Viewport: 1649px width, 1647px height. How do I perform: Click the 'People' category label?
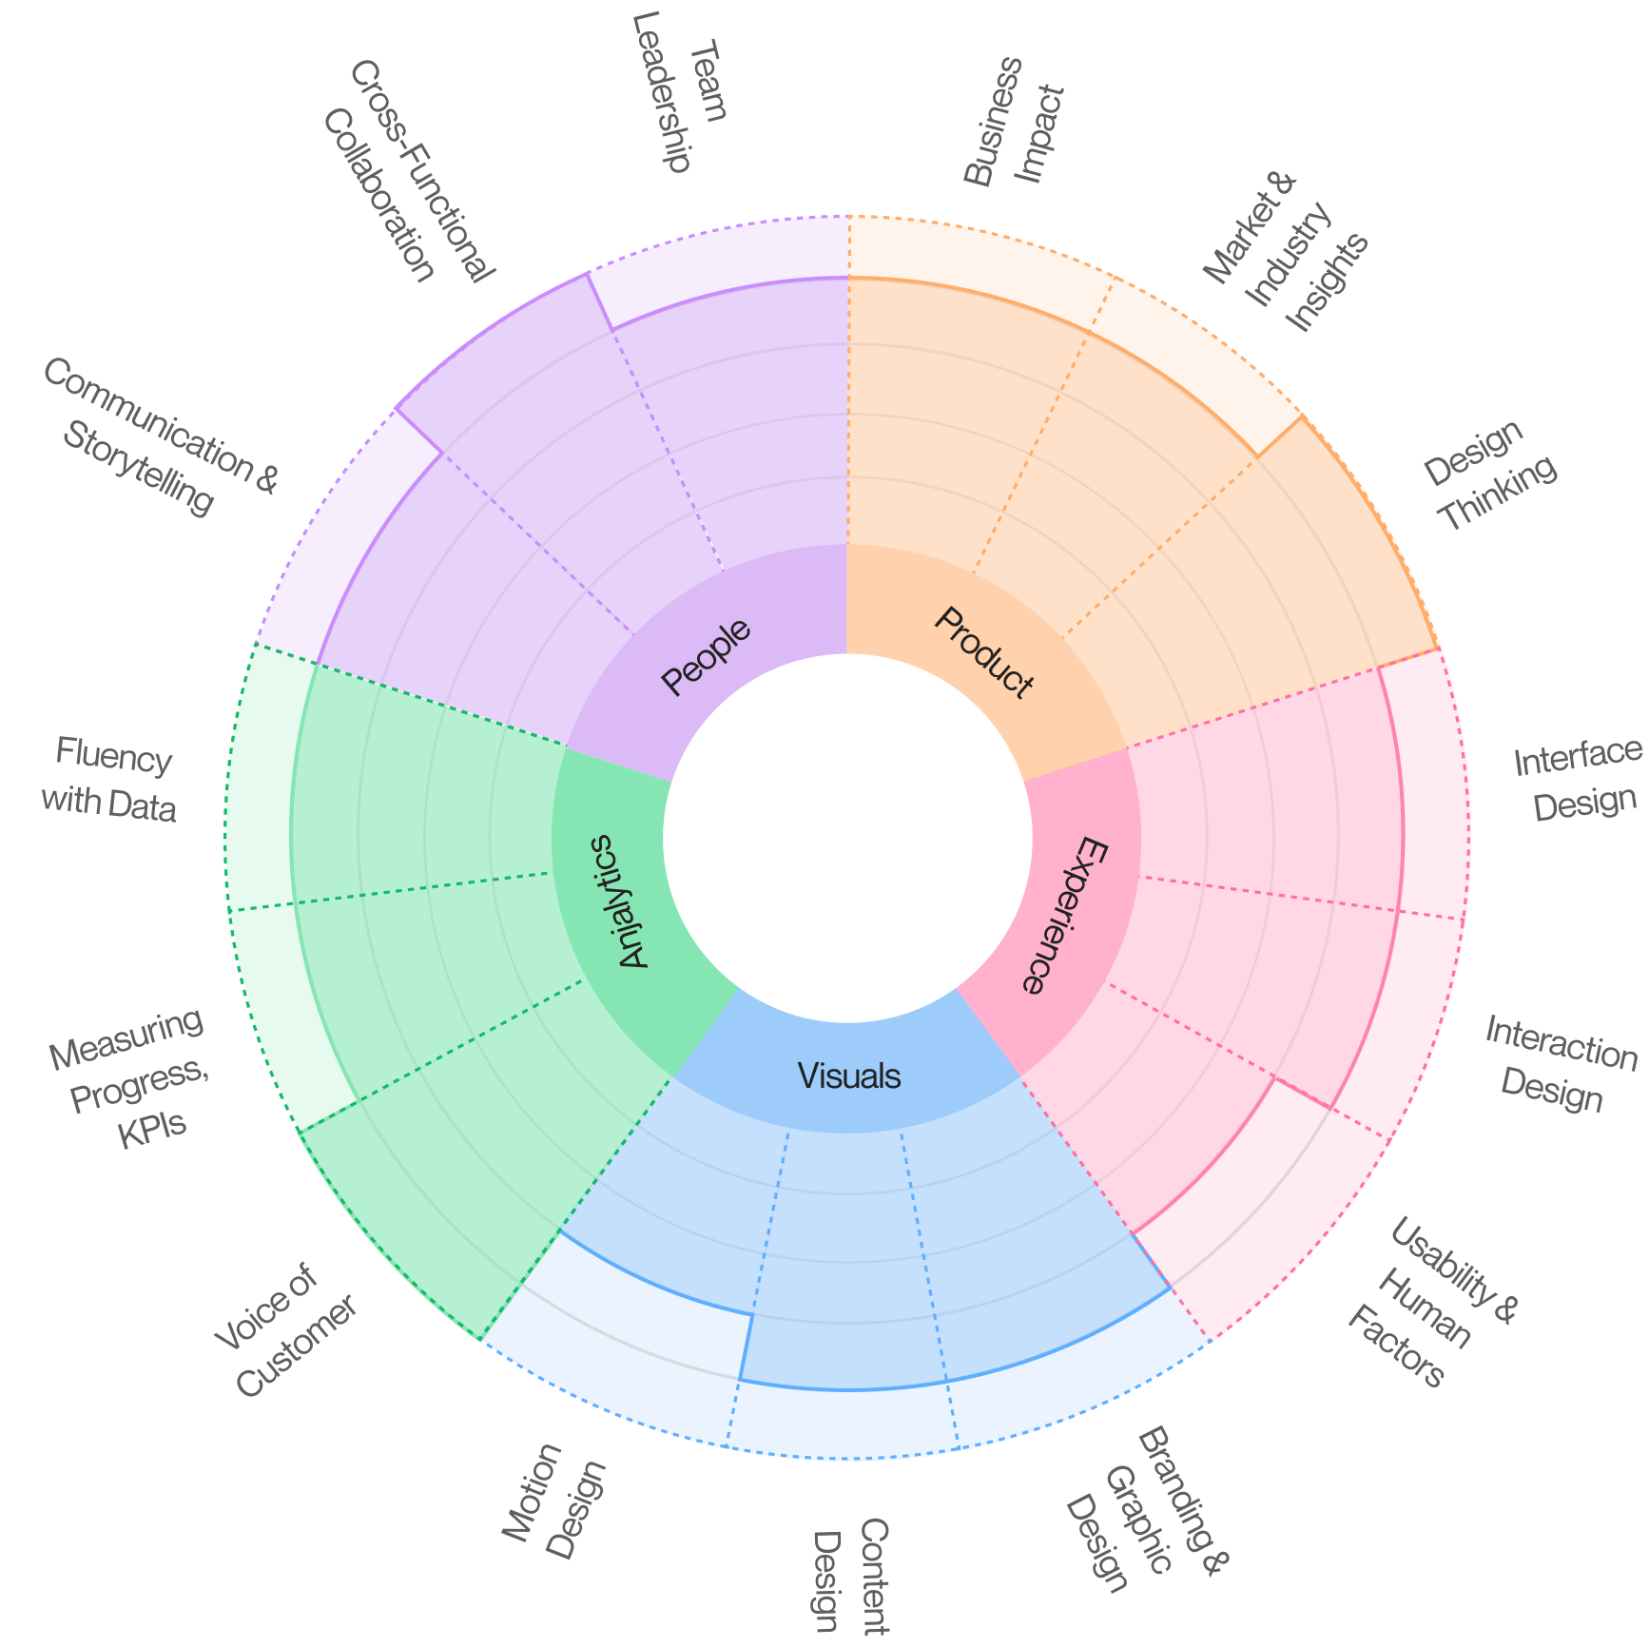click(x=706, y=656)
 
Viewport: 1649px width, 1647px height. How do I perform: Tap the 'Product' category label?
click(x=983, y=652)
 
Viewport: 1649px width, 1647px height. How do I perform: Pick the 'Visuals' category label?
click(x=849, y=1075)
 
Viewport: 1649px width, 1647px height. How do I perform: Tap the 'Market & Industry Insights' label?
click(x=1284, y=253)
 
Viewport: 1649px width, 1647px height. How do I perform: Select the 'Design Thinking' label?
click(x=1487, y=475)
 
